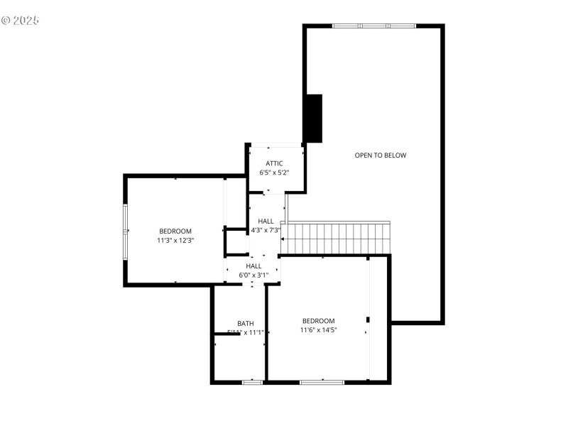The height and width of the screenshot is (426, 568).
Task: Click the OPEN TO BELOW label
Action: pos(381,155)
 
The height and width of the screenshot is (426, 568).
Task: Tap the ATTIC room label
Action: pos(274,163)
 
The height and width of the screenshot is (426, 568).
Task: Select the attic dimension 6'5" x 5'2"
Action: pos(274,173)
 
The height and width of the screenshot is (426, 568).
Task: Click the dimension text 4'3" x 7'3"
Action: pos(266,230)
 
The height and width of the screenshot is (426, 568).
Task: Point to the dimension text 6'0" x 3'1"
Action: pos(253,275)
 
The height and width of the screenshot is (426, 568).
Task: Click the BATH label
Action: pos(245,323)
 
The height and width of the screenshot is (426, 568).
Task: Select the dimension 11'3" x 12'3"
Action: pos(175,241)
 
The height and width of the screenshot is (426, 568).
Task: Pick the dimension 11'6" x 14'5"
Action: pos(318,329)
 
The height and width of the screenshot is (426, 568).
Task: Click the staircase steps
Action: pos(339,239)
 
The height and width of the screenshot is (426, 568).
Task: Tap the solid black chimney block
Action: pos(313,119)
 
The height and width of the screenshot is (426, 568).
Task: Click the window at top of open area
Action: pos(374,26)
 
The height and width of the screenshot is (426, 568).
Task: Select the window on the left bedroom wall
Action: pos(126,231)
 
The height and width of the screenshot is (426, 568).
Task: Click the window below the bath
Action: pos(252,382)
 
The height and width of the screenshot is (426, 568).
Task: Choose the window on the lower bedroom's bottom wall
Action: pos(322,382)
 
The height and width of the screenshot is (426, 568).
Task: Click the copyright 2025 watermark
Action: pos(20,20)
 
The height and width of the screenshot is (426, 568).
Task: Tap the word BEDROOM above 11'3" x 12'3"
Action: pos(175,231)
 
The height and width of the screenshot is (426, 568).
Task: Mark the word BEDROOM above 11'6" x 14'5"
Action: pos(318,321)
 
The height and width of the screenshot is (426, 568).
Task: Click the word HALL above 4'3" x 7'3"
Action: pos(266,221)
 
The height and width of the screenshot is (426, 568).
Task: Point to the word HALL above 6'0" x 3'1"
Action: pos(253,266)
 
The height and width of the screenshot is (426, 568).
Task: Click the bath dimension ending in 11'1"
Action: pos(246,332)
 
